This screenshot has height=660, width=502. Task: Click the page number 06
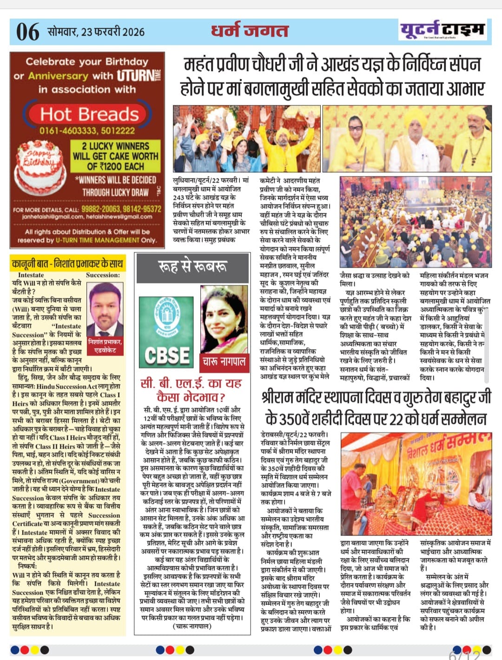pos(28,32)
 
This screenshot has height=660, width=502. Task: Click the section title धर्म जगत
pos(250,30)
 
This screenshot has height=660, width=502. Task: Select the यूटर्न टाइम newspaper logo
pos(442,31)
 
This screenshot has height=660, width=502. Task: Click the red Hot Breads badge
pos(90,114)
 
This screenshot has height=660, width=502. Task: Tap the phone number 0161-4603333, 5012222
pos(87,131)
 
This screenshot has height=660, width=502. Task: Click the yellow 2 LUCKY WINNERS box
pos(115,156)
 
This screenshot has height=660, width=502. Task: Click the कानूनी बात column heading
pos(68,264)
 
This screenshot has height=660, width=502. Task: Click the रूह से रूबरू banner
pos(192,266)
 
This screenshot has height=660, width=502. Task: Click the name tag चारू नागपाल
pos(224,361)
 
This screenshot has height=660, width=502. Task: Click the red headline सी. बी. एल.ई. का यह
pos(191,383)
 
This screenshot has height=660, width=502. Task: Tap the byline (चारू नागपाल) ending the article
pos(192,626)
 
